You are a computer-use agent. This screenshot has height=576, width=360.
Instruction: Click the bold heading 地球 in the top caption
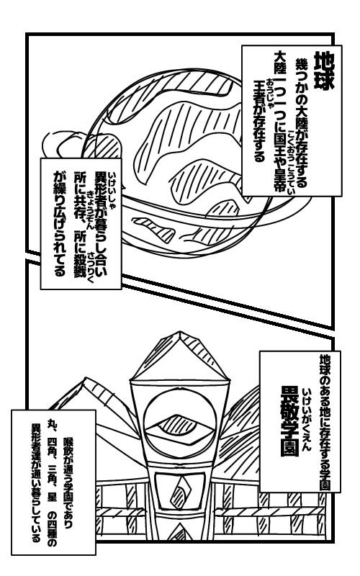pyautogui.click(x=323, y=71)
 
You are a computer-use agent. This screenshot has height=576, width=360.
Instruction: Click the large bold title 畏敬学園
pyautogui.click(x=290, y=421)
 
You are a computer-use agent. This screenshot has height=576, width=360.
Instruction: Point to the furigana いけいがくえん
pyautogui.click(x=307, y=419)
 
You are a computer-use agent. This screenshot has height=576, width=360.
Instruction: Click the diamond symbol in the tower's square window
pyautogui.click(x=181, y=491)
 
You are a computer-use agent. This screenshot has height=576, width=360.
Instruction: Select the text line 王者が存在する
pyautogui.click(x=260, y=121)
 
